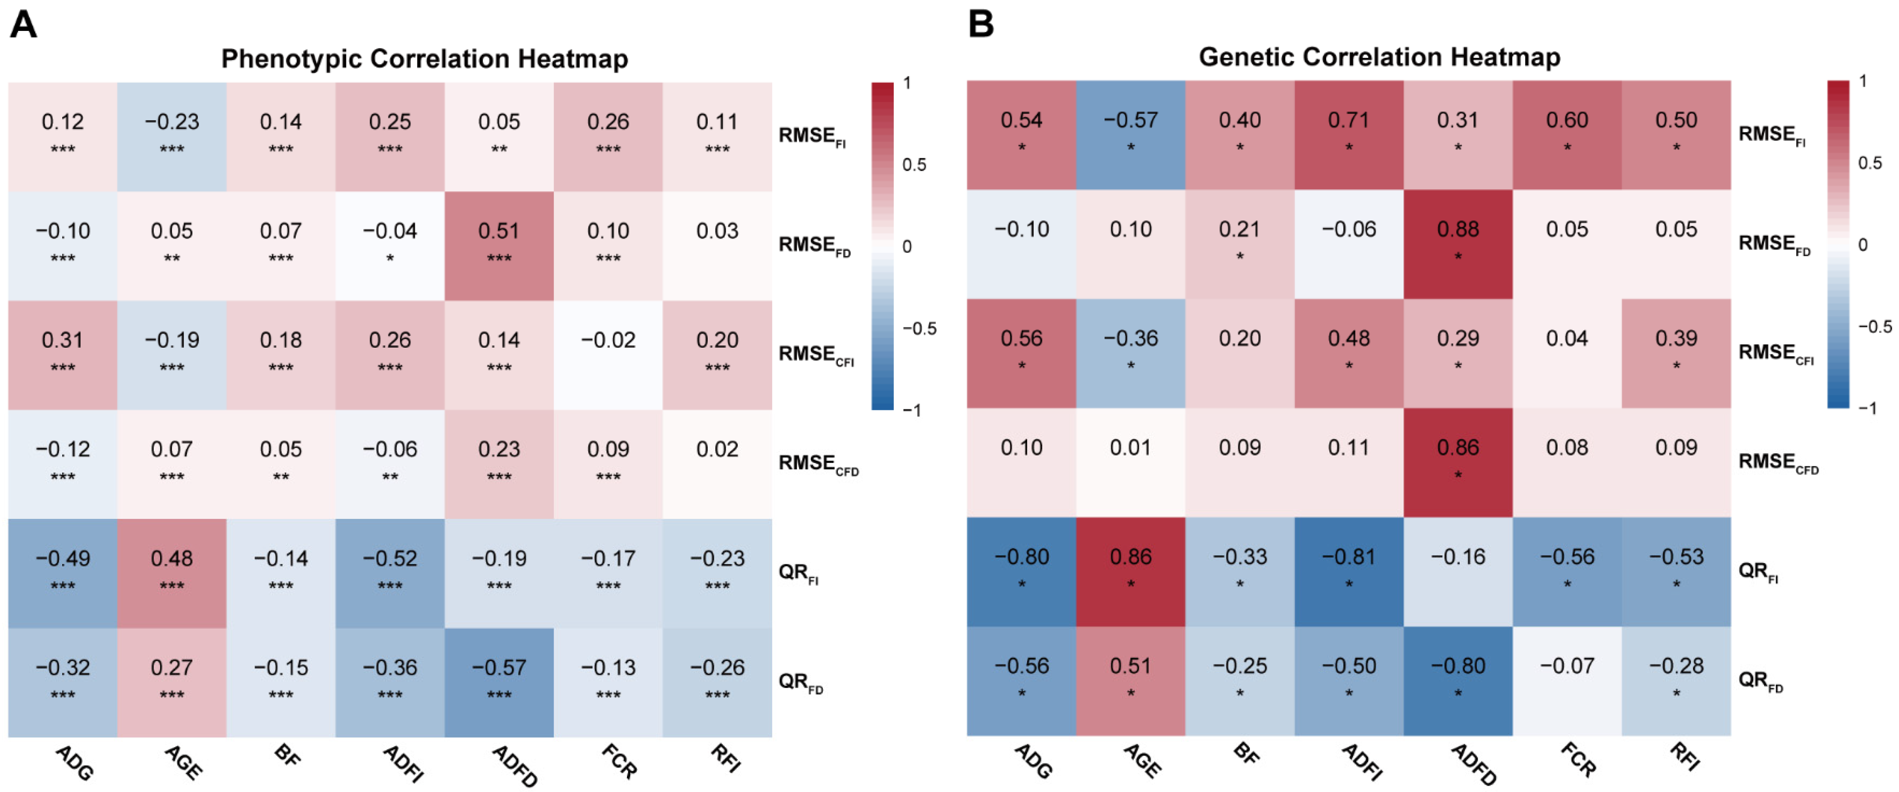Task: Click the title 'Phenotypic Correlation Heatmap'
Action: [x=424, y=59]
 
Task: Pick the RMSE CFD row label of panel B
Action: [x=1777, y=462]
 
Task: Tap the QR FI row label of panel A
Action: [x=798, y=573]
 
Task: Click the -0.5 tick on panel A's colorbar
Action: [x=919, y=328]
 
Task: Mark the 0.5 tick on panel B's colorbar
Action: [x=1869, y=163]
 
